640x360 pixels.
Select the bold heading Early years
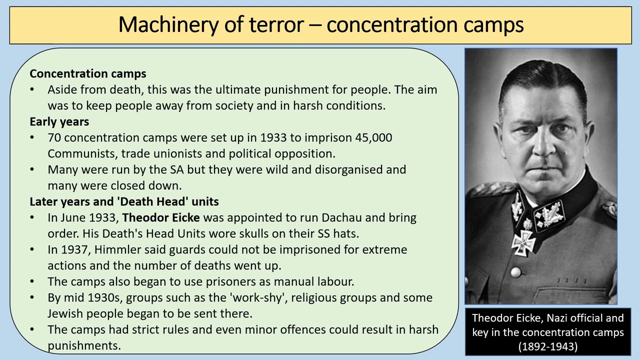click(x=59, y=121)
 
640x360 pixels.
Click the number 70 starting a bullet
click(x=54, y=137)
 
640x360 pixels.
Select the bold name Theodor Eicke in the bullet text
click(x=161, y=218)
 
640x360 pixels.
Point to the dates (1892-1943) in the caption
click(x=547, y=346)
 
